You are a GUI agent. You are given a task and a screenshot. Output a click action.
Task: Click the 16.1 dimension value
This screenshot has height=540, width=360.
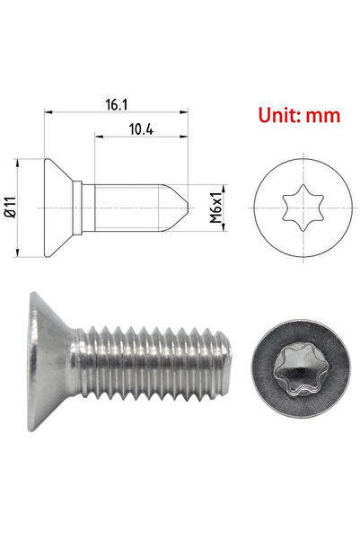[x=115, y=104]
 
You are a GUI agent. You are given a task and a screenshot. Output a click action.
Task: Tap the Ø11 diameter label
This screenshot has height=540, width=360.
[x=9, y=208]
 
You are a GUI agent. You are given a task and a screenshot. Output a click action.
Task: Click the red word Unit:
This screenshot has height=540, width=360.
[x=279, y=116]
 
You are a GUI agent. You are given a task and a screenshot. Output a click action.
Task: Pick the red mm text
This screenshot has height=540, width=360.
[x=321, y=116]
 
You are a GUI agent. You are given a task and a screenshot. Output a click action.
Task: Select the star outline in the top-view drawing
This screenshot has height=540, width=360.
[x=295, y=208]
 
